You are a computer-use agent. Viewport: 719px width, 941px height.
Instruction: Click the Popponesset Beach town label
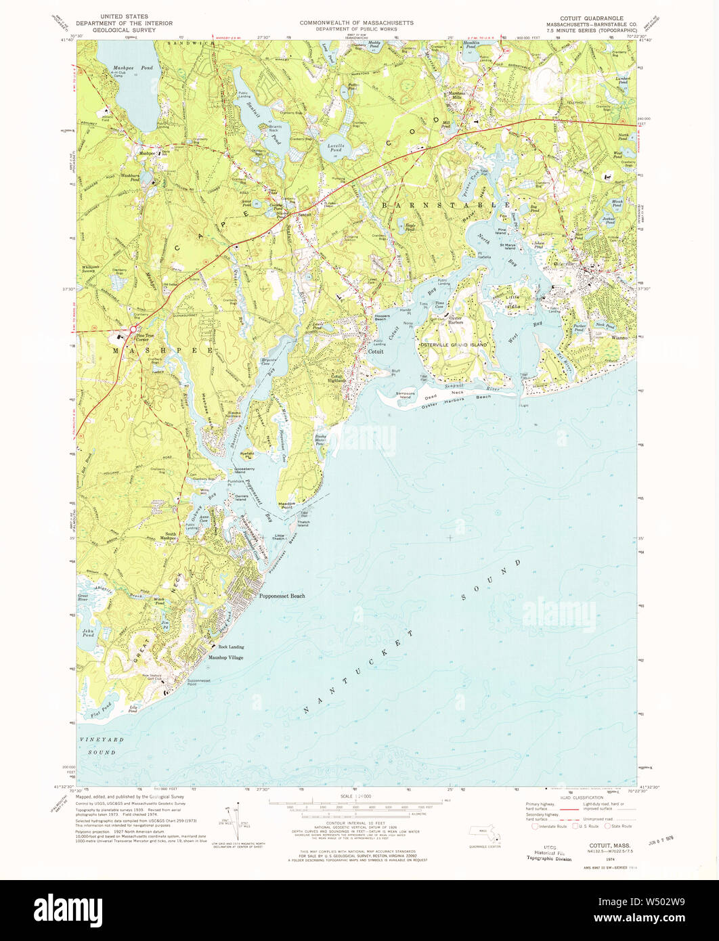282,596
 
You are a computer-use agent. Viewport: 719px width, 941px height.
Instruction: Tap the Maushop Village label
226,657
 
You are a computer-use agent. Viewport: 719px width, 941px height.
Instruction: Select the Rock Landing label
226,647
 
